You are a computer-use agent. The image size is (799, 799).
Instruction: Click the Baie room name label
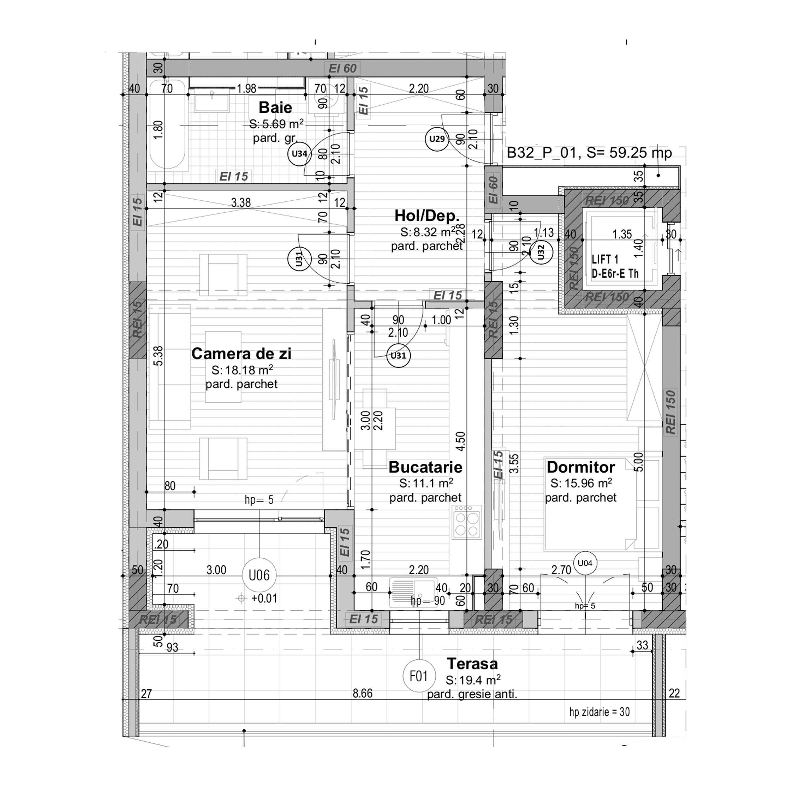point(275,108)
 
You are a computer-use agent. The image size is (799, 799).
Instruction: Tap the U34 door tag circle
point(299,154)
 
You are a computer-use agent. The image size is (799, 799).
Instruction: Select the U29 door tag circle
point(437,139)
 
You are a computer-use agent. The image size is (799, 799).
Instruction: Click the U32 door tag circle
point(541,253)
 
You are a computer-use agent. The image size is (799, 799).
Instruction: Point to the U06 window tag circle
point(259,575)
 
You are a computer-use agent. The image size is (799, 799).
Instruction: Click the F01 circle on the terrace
point(419,676)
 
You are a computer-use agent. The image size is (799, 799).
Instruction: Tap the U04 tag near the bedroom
point(585,563)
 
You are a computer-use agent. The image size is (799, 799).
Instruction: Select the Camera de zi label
point(241,353)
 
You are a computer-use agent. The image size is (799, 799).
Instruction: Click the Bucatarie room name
point(425,467)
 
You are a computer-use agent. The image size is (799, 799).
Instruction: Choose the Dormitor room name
point(581,467)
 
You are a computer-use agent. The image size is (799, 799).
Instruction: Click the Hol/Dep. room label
point(427,215)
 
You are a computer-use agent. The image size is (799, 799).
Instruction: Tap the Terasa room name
point(472,664)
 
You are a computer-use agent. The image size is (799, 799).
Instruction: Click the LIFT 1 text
point(605,260)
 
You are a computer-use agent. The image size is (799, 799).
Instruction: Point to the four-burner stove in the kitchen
point(467,523)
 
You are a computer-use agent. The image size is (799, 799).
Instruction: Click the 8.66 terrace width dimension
point(362,694)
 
